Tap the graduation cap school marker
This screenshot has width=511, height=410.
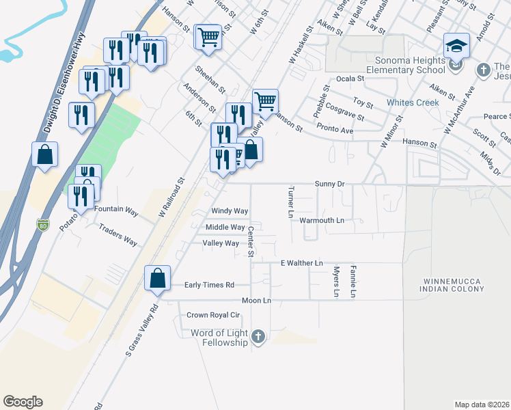point(456,46)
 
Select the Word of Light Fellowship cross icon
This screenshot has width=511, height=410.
point(258,336)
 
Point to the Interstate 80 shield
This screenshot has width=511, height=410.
point(43,223)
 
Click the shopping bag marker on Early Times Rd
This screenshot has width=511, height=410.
point(157,278)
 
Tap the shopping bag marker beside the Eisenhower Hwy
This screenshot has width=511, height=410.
point(44,154)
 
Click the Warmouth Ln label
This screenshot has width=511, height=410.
point(322,221)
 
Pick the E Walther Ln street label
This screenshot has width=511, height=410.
point(301,262)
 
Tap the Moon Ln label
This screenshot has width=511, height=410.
point(256,301)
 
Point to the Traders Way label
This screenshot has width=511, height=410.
point(118,234)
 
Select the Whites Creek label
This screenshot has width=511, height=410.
point(412,102)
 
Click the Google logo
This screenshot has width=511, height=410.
point(23,402)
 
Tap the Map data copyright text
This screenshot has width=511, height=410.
point(482,405)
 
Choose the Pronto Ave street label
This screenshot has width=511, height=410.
point(335,130)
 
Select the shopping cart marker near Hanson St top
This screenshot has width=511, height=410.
point(208,36)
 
